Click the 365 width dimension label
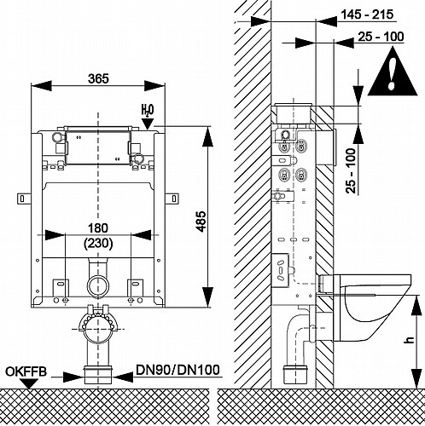[98, 78]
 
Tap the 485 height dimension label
[201, 222]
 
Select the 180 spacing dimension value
[98, 228]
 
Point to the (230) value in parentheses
[98, 244]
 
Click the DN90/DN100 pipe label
[178, 370]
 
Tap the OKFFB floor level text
[26, 372]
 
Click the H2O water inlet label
[148, 110]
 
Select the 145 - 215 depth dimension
[367, 14]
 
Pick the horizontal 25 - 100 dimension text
[381, 37]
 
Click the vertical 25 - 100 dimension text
[352, 170]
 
